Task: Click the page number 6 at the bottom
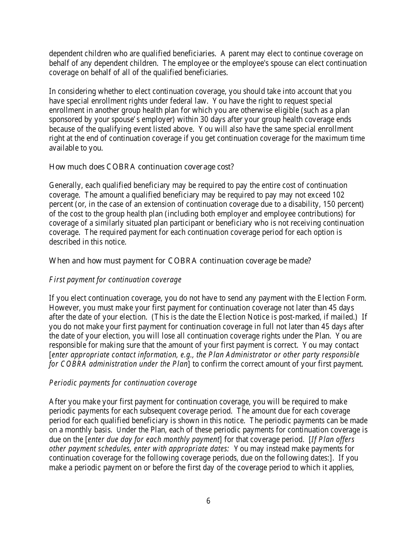tap(208, 501)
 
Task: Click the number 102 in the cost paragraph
tap(339, 194)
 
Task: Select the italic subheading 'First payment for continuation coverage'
tap(115, 280)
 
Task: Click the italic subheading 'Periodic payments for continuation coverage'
tap(123, 383)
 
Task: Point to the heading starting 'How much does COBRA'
tap(141, 167)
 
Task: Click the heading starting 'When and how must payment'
tap(180, 261)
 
